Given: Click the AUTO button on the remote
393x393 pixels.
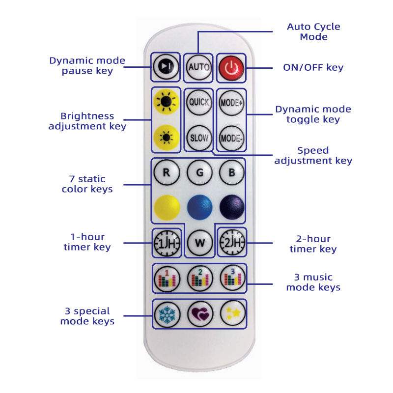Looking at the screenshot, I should coord(198,67).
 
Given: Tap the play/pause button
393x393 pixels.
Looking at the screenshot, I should coord(165,67).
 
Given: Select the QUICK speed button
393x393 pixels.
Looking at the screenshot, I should coord(198,103).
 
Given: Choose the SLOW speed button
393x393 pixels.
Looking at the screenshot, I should coord(198,137).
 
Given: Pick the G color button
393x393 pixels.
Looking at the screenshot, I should coord(198,172).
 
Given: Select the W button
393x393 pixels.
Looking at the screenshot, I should coord(198,243).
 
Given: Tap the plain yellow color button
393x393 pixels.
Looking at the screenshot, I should coord(165,207).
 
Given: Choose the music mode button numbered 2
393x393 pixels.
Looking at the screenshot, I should coord(198,279).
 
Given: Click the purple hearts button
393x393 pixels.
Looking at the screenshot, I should coord(198,313).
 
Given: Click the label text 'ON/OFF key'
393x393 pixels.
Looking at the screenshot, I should coord(313,67).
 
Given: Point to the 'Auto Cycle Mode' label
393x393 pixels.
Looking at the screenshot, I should coord(313,31).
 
